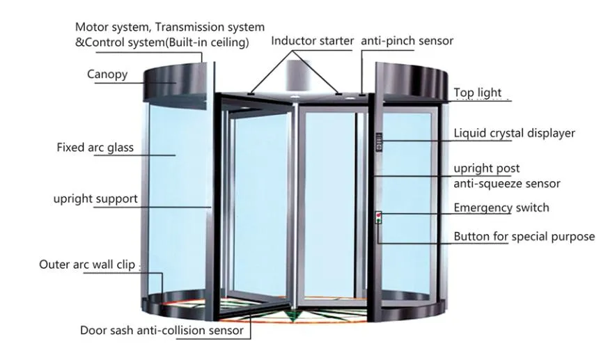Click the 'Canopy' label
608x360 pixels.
pyautogui.click(x=107, y=75)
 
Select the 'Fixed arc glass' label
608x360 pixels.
pyautogui.click(x=95, y=148)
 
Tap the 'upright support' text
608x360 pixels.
pyautogui.click(x=95, y=199)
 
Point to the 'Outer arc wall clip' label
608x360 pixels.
pyautogui.click(x=87, y=265)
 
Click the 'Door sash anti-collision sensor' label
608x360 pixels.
pyautogui.click(x=162, y=330)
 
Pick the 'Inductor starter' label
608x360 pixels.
pyautogui.click(x=312, y=40)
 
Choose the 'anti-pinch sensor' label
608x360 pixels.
pyautogui.click(x=407, y=40)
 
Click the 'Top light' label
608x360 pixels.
pyautogui.click(x=477, y=93)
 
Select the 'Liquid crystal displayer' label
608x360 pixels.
pyautogui.click(x=514, y=133)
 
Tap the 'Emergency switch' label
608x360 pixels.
pyautogui.click(x=501, y=208)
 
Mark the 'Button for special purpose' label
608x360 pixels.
pyautogui.click(x=524, y=237)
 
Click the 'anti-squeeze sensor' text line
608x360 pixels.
pyautogui.click(x=506, y=184)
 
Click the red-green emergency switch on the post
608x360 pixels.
pyautogui.click(x=378, y=217)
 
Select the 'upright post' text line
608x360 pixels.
pyautogui.click(x=486, y=169)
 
